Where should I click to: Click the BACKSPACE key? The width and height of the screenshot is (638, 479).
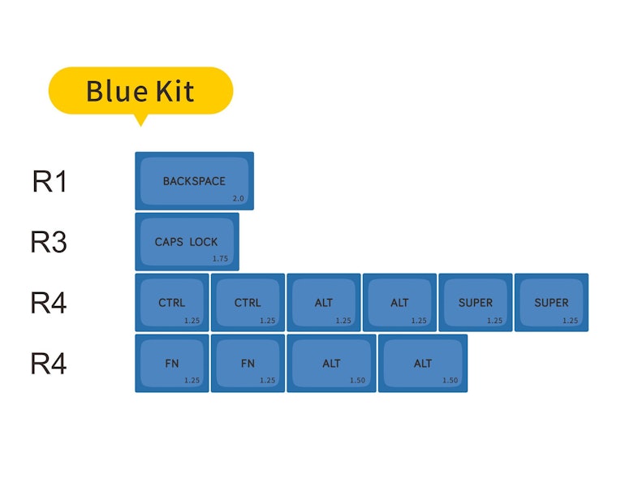tap(194, 181)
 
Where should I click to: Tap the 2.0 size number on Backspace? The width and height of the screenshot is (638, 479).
tap(238, 199)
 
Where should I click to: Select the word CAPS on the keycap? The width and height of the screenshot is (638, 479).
tap(169, 242)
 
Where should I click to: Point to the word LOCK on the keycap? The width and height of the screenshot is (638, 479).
tap(204, 242)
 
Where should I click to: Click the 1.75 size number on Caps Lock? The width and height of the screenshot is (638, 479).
tap(220, 258)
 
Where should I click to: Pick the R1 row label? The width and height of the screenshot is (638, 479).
tap(50, 181)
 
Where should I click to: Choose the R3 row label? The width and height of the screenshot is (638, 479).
tap(49, 242)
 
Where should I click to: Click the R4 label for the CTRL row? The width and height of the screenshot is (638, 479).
tap(49, 303)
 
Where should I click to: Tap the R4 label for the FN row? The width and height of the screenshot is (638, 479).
tap(49, 364)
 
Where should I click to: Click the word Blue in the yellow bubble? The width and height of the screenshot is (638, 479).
tap(117, 91)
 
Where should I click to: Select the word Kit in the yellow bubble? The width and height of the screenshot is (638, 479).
tap(175, 91)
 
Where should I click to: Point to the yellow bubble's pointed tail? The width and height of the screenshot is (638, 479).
tap(140, 126)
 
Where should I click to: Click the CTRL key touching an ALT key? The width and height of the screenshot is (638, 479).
tap(248, 302)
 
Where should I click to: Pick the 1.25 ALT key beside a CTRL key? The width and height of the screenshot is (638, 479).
tap(324, 302)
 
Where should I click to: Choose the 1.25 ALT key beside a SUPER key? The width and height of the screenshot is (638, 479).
tap(399, 302)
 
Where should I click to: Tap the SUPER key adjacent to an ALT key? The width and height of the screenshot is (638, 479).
tap(475, 302)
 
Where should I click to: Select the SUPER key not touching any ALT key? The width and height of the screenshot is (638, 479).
tap(551, 302)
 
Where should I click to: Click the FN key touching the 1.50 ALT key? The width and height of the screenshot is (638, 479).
tap(248, 364)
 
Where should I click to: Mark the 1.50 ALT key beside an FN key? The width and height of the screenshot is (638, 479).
tap(331, 364)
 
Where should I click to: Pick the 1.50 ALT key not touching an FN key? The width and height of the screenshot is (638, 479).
tap(423, 364)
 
